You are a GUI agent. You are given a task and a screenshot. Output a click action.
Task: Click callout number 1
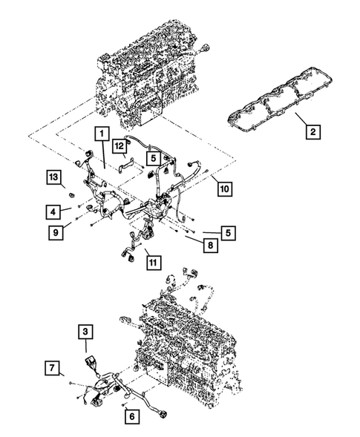99,134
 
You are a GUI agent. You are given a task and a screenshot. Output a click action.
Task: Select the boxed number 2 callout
313,133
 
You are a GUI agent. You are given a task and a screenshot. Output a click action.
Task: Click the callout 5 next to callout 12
152,158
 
